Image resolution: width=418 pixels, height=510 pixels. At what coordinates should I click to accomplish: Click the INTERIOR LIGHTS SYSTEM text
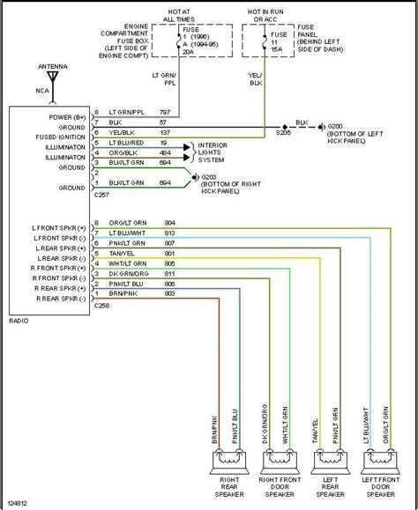pos(216,152)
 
